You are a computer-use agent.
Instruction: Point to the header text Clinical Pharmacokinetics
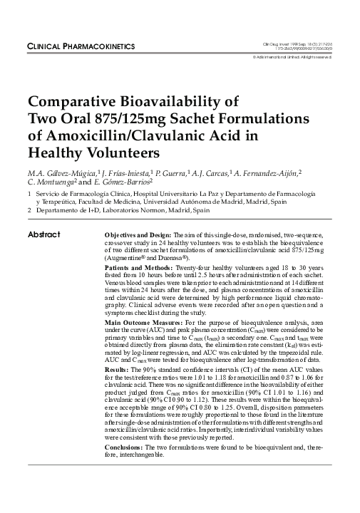pos(81,46)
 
